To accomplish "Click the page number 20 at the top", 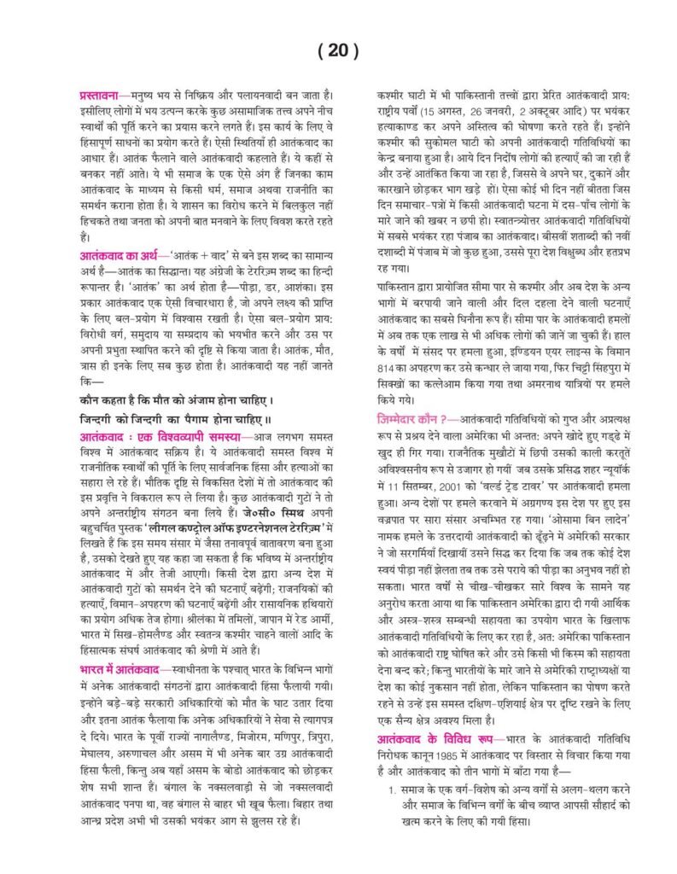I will pos(338,50).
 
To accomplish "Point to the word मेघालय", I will pos(91,751).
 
